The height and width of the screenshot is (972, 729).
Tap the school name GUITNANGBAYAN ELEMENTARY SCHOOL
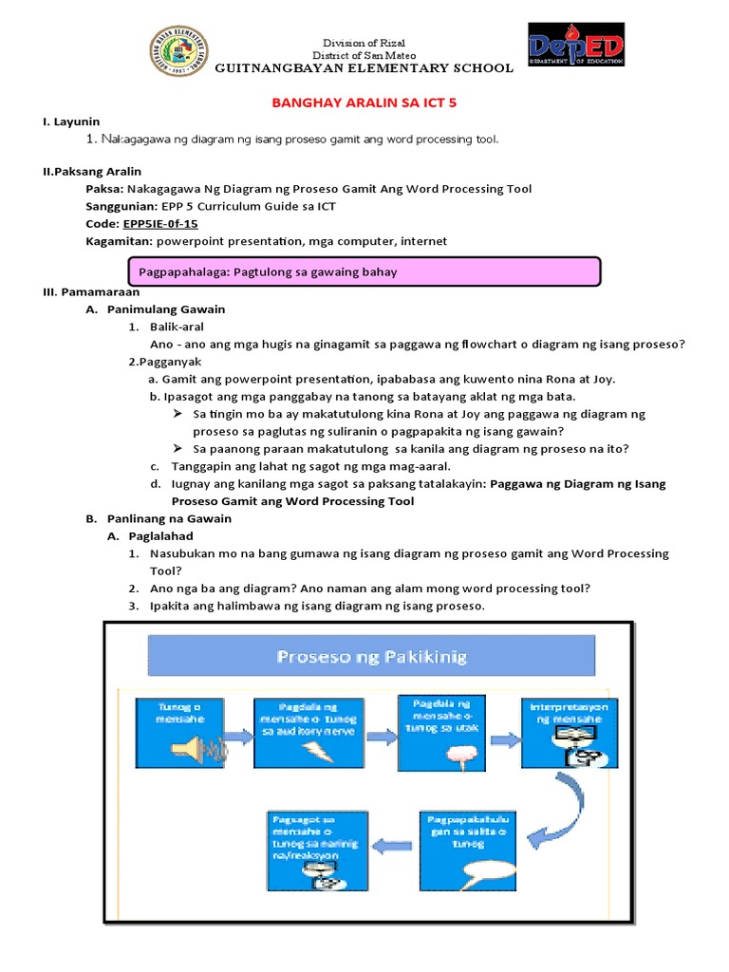click(x=364, y=68)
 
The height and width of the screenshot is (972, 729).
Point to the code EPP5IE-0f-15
click(x=160, y=224)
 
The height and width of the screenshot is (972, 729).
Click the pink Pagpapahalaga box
click(x=364, y=271)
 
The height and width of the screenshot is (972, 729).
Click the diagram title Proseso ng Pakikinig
click(x=371, y=656)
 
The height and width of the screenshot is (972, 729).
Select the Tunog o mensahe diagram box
click(x=179, y=735)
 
